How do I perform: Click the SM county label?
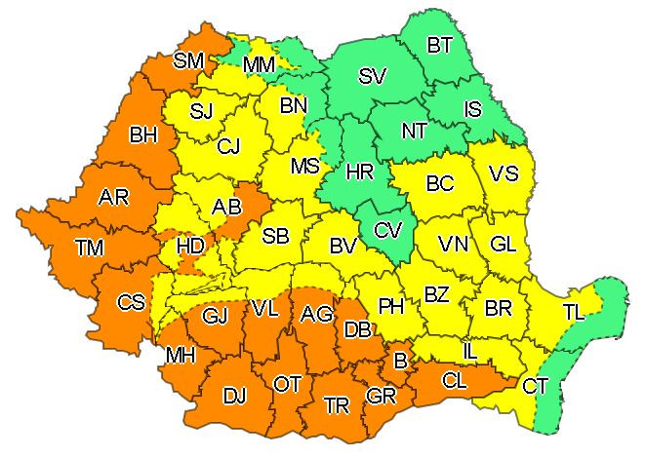188,60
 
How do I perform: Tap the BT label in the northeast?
441,44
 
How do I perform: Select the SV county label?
372,77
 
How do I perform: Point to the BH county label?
142,134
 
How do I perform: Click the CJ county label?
229,147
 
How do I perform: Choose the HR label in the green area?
360,172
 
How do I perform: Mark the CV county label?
388,231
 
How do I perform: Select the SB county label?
276,236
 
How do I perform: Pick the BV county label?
343,247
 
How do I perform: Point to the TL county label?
574,312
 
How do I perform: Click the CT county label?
535,386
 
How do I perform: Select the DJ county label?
234,396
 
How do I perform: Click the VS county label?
503,173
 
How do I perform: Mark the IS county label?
472,109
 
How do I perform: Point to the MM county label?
259,65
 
